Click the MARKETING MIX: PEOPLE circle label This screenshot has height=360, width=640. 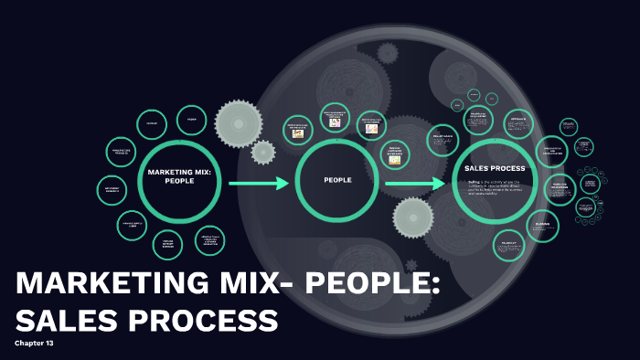pyautogui.click(x=178, y=175)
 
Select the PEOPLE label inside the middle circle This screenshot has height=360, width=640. pyautogui.click(x=337, y=180)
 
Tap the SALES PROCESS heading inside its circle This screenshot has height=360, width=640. pyautogui.click(x=495, y=168)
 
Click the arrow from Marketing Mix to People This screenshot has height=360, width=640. pyautogui.click(x=259, y=184)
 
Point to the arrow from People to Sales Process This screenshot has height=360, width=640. pyautogui.click(x=415, y=185)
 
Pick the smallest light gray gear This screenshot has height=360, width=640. pyautogui.click(x=263, y=152)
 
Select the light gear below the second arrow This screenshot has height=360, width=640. pyautogui.click(x=413, y=217)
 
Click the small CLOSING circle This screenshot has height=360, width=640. pyautogui.click(x=543, y=226)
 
